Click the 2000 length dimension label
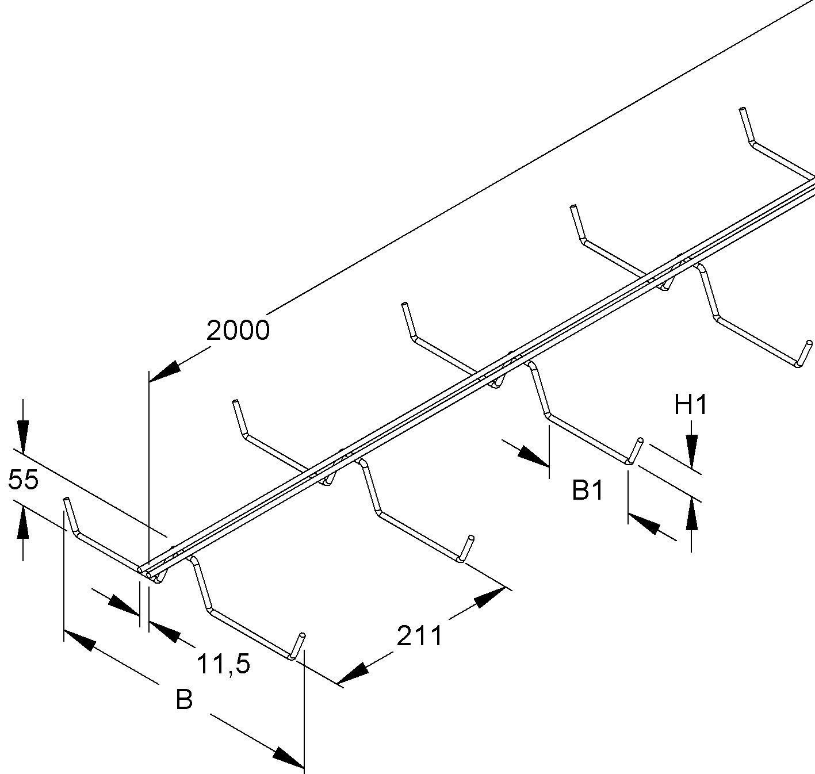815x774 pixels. pyautogui.click(x=238, y=331)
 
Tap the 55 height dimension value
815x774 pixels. pyautogui.click(x=24, y=479)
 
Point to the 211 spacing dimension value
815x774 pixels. pyautogui.click(x=420, y=636)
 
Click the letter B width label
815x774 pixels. pyautogui.click(x=184, y=700)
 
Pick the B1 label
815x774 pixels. pyautogui.click(x=587, y=491)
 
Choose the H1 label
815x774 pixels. pyautogui.click(x=690, y=405)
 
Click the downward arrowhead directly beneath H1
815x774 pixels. pyautogui.click(x=691, y=450)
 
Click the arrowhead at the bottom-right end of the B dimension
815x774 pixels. pyautogui.click(x=288, y=757)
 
